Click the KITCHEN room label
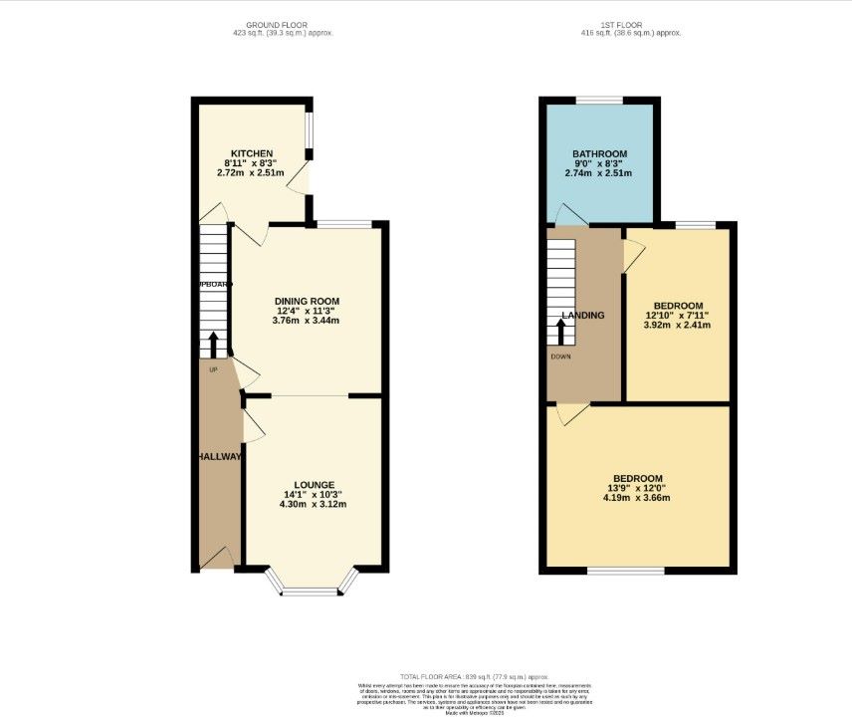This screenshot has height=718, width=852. [252, 153]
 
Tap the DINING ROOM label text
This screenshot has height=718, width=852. [308, 301]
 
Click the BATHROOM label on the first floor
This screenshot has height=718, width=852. [599, 153]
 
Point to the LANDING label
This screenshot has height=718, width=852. [583, 316]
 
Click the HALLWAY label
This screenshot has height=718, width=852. [218, 456]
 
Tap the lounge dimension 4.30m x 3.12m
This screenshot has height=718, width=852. [314, 504]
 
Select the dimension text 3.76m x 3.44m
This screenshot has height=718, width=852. [308, 321]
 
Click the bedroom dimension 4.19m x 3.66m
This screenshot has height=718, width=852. [637, 498]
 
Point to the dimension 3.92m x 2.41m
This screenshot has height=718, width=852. [678, 325]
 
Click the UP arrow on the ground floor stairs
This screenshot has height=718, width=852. [213, 346]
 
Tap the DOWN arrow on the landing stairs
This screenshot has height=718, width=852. [560, 331]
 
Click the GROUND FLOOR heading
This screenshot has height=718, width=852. [276, 24]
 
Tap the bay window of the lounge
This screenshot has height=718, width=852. [311, 592]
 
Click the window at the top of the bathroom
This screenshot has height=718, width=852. [600, 100]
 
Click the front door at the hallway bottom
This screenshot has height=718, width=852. [217, 560]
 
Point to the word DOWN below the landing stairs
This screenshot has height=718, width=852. [560, 357]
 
